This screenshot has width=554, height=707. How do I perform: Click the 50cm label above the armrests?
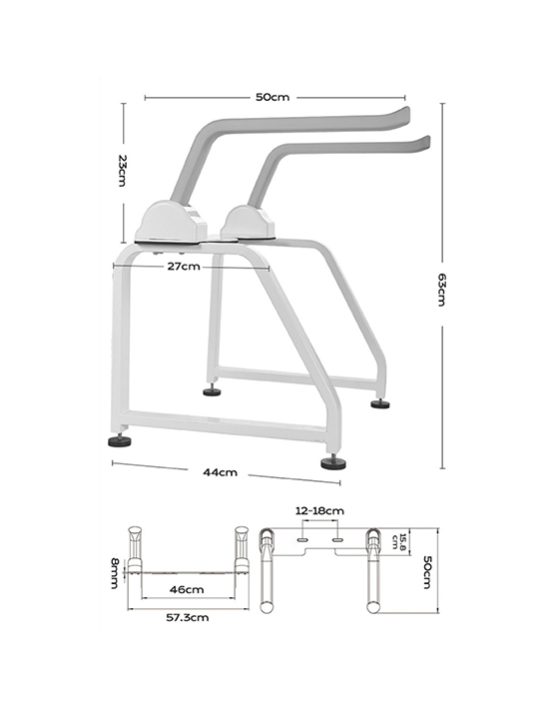coord(272,97)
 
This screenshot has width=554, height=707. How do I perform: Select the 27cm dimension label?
coord(184,267)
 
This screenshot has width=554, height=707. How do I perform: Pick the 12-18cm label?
coord(319,511)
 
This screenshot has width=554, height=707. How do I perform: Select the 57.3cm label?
coord(188,617)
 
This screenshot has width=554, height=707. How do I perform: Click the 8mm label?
coord(116,573)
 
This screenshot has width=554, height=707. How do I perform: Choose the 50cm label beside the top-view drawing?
coord(426,570)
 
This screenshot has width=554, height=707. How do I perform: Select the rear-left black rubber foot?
coord(212,391)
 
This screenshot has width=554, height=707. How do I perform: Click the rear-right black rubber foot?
coord(380,404)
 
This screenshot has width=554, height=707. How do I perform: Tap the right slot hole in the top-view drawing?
coord(337,538)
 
